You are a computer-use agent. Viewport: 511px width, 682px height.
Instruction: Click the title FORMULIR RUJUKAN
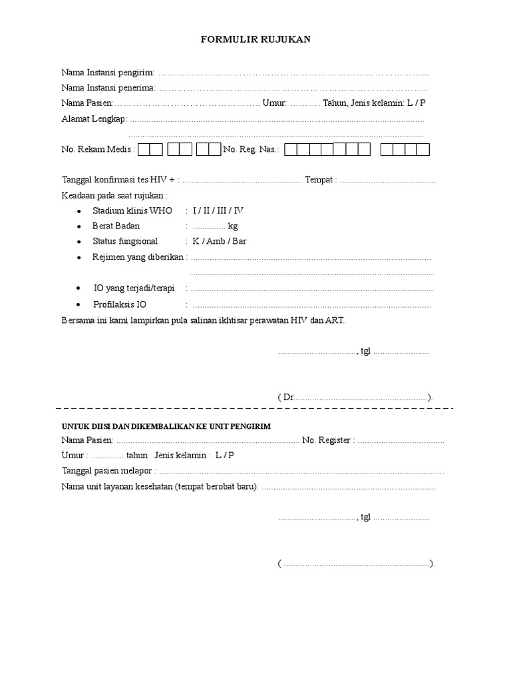(x=255, y=40)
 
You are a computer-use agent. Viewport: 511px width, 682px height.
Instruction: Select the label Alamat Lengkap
(x=94, y=119)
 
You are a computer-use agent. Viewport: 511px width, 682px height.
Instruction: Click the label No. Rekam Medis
(x=98, y=150)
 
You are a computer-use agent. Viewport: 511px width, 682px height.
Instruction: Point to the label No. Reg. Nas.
(x=252, y=150)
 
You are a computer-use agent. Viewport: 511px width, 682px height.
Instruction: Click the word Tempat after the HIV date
(x=320, y=180)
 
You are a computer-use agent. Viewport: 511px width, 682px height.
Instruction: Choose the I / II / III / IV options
(x=218, y=210)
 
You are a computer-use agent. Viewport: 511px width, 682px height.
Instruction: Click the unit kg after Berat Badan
(x=233, y=226)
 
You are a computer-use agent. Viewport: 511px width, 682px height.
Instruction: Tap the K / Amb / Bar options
(x=220, y=241)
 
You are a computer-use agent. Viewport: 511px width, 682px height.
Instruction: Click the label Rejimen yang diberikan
(x=138, y=257)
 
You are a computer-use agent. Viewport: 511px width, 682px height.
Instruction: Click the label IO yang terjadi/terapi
(x=134, y=288)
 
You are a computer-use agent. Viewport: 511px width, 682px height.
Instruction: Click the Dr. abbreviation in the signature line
(x=288, y=397)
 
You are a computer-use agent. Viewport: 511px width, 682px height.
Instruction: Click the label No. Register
(x=327, y=440)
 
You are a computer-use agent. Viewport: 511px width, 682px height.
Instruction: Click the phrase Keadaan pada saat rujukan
(x=114, y=195)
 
